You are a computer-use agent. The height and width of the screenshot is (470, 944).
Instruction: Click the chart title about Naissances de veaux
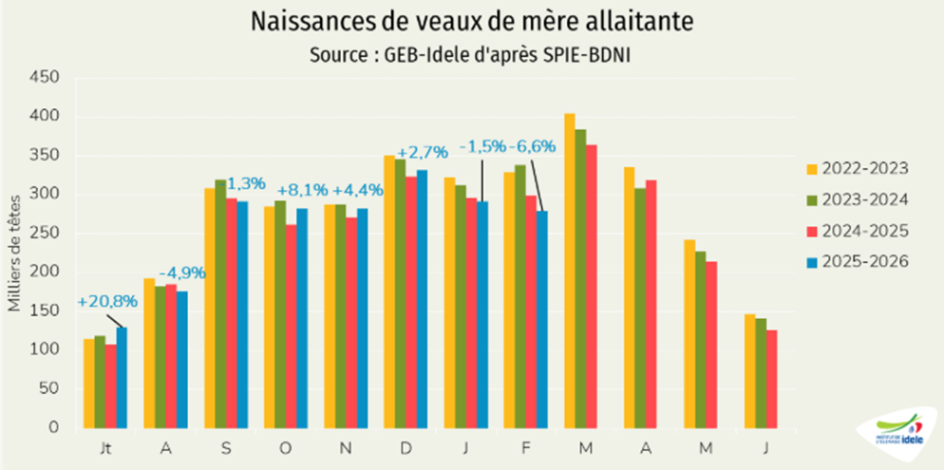(x=471, y=21)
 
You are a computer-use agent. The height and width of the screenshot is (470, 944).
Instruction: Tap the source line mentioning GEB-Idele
(x=471, y=55)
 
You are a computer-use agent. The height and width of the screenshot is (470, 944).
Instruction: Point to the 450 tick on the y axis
(x=45, y=79)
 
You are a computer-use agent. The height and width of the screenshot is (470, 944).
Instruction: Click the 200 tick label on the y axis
(x=45, y=273)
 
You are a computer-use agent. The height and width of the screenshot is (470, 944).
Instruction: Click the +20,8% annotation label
(x=106, y=303)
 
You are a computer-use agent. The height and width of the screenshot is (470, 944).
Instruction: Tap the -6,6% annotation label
(x=534, y=147)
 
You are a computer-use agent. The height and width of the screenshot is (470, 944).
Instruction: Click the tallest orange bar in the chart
(x=570, y=271)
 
